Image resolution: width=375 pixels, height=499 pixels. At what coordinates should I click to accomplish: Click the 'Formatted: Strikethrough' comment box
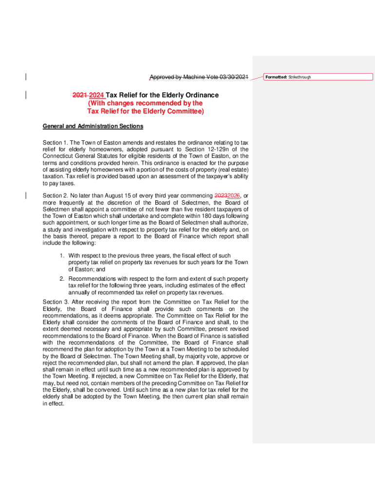(318, 77)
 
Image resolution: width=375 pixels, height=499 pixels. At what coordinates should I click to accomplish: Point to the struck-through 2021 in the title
(79, 95)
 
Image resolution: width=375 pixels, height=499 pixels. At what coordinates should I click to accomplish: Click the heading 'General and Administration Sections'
(93, 126)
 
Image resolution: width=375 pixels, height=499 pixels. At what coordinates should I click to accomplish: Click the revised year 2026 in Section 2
(234, 196)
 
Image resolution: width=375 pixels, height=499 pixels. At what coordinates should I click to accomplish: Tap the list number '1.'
(62, 256)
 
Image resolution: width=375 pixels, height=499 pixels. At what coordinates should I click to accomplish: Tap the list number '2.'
(62, 279)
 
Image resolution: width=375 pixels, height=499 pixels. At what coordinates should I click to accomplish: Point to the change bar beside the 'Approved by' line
(25, 77)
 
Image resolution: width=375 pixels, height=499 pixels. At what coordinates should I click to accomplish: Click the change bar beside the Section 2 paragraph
(25, 195)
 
